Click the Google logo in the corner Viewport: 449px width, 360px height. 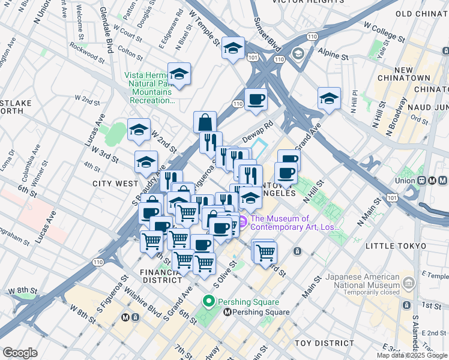point(20,353)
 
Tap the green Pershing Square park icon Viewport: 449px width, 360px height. point(209,301)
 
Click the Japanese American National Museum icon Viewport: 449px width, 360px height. point(409,281)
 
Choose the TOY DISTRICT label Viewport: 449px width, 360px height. point(324,343)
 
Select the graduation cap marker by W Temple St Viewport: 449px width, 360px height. point(233,49)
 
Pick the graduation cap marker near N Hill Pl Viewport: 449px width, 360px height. point(329,98)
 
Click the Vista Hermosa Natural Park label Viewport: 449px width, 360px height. point(150,88)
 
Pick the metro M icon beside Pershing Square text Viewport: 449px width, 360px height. point(228,312)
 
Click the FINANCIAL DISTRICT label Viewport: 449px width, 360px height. point(161,275)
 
